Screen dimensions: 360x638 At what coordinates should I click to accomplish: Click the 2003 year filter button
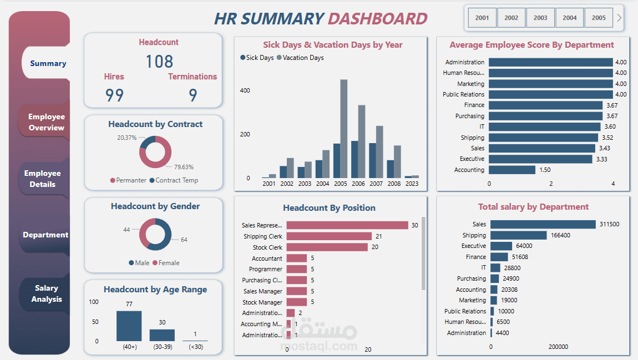540,18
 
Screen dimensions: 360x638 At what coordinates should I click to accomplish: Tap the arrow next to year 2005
619,18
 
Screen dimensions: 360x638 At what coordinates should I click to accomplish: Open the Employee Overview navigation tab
47,122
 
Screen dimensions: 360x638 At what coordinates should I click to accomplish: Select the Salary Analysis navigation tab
47,293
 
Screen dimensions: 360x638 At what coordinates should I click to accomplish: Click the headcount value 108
159,62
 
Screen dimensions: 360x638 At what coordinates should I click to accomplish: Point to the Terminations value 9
193,95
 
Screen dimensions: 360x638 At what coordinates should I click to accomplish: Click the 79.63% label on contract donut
184,167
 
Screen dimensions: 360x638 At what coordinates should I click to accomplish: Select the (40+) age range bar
129,326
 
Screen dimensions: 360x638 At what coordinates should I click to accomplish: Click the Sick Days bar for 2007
372,160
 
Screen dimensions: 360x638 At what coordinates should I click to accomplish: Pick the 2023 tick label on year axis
412,184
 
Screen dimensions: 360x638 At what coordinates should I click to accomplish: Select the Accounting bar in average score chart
512,170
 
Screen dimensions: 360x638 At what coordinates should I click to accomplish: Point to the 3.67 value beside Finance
611,105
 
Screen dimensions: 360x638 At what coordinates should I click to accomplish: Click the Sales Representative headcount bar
347,225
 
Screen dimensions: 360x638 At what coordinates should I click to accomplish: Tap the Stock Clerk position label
267,247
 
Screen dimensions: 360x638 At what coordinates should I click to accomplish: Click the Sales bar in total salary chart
543,224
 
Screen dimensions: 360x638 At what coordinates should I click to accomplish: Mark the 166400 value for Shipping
560,235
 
